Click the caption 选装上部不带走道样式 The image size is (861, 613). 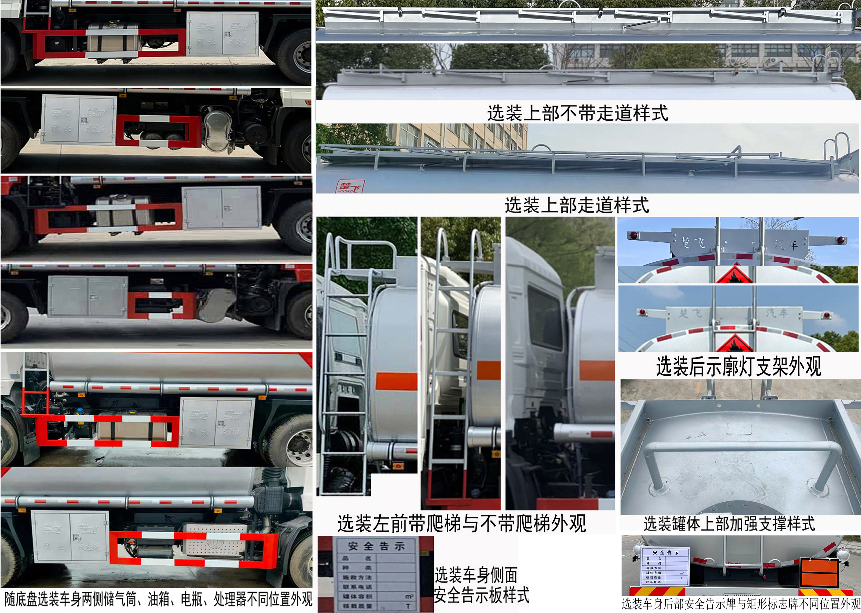pos(577,113)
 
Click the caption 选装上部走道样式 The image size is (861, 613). pos(577,205)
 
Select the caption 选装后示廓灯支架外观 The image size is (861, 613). pos(738,366)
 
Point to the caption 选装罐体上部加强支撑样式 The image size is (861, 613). pos(729,524)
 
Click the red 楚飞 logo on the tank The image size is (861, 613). pos(350,186)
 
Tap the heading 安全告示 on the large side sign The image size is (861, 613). pos(376,546)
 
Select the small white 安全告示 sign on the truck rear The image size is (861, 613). pos(665,565)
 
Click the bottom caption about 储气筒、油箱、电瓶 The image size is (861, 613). pos(158,599)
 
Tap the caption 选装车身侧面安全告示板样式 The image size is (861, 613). pos(481,585)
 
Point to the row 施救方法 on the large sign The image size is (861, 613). pos(357,577)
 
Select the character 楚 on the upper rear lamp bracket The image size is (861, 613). pos(686,242)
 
